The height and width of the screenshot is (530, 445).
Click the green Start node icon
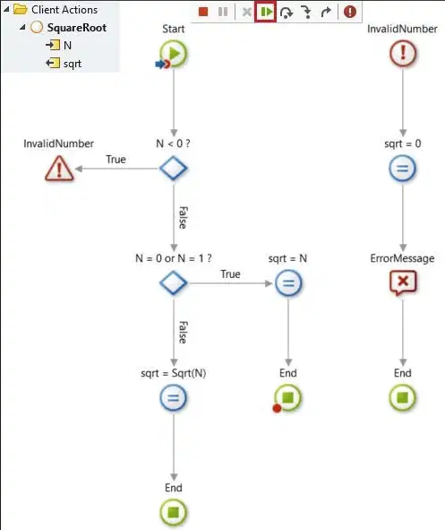[174, 54]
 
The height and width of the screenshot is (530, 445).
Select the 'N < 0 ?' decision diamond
[174, 168]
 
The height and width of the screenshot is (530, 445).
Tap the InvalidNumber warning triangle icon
[59, 169]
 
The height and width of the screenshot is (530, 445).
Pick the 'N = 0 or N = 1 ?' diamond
[174, 282]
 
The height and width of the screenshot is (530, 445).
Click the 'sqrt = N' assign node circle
[288, 282]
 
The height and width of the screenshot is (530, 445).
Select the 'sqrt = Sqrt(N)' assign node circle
[174, 397]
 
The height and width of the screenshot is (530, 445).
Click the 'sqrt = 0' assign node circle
[403, 168]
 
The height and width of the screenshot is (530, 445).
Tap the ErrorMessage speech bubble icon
[403, 282]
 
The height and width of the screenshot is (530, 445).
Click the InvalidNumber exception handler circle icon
[403, 54]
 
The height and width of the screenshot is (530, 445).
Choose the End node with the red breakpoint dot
[287, 397]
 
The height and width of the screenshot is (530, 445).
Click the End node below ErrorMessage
[403, 397]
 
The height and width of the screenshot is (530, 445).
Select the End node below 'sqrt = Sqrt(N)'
[174, 512]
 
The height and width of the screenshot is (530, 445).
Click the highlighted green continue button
[266, 13]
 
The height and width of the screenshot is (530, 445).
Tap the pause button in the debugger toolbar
[223, 13]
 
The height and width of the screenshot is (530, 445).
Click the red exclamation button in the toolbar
[350, 12]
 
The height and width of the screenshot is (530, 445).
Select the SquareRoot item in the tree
[77, 28]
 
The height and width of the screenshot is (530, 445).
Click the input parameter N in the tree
[67, 46]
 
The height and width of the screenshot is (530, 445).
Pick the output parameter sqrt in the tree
[73, 64]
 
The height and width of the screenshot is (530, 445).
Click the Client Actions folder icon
[21, 10]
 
